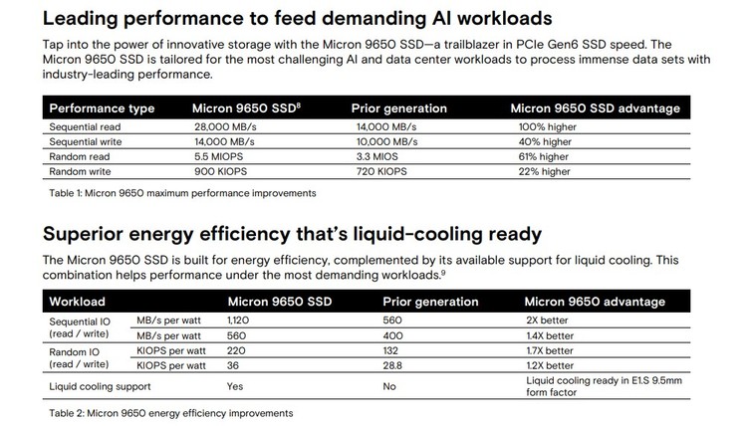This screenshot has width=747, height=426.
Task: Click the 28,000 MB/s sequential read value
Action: tap(225, 128)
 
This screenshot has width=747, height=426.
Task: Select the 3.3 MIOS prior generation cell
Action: tap(379, 156)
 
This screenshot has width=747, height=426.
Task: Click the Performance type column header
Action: tap(102, 107)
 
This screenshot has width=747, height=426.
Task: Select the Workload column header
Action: tap(78, 301)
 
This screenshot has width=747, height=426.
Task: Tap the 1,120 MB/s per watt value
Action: tap(241, 321)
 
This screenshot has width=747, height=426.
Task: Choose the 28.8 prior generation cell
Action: tap(394, 365)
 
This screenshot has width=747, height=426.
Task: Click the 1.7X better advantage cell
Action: tap(550, 350)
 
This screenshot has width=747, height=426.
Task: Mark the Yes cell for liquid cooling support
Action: tap(236, 385)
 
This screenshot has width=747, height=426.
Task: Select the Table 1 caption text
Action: tap(181, 192)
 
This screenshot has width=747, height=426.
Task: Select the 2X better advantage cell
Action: tap(547, 321)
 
